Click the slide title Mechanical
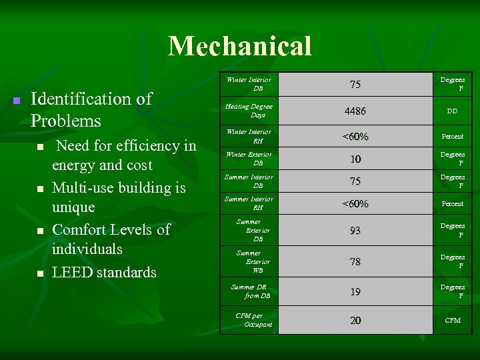click(240, 46)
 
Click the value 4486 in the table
click(355, 111)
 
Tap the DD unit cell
click(452, 111)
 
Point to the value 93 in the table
click(355, 231)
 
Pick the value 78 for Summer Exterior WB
click(355, 262)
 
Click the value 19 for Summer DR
click(355, 291)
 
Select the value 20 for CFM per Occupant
click(355, 321)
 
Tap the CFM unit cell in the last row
click(452, 321)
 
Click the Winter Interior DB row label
click(249, 84)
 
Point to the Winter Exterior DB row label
click(249, 159)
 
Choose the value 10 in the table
click(355, 159)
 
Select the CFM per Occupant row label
click(253, 320)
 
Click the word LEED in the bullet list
click(71, 273)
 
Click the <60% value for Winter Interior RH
click(355, 137)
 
